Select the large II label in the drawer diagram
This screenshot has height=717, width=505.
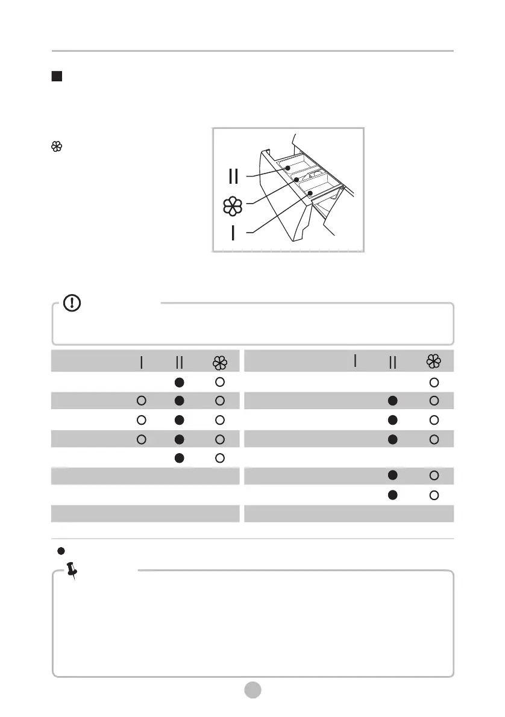233,176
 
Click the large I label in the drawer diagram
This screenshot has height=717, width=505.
233,233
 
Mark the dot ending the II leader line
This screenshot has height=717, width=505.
289,168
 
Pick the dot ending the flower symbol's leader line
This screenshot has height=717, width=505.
296,179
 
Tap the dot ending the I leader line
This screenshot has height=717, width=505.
310,193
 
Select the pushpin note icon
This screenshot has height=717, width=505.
72,570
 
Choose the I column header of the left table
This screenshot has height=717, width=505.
140,362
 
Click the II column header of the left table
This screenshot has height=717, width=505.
179,362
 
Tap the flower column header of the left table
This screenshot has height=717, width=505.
219,362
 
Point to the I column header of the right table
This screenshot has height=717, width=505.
355,360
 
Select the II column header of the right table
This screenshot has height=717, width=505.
393,362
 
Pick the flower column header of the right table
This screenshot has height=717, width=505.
433,362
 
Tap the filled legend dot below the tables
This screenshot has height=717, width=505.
60,550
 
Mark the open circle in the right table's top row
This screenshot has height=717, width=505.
433,382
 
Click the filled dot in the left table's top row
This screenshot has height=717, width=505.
180,382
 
